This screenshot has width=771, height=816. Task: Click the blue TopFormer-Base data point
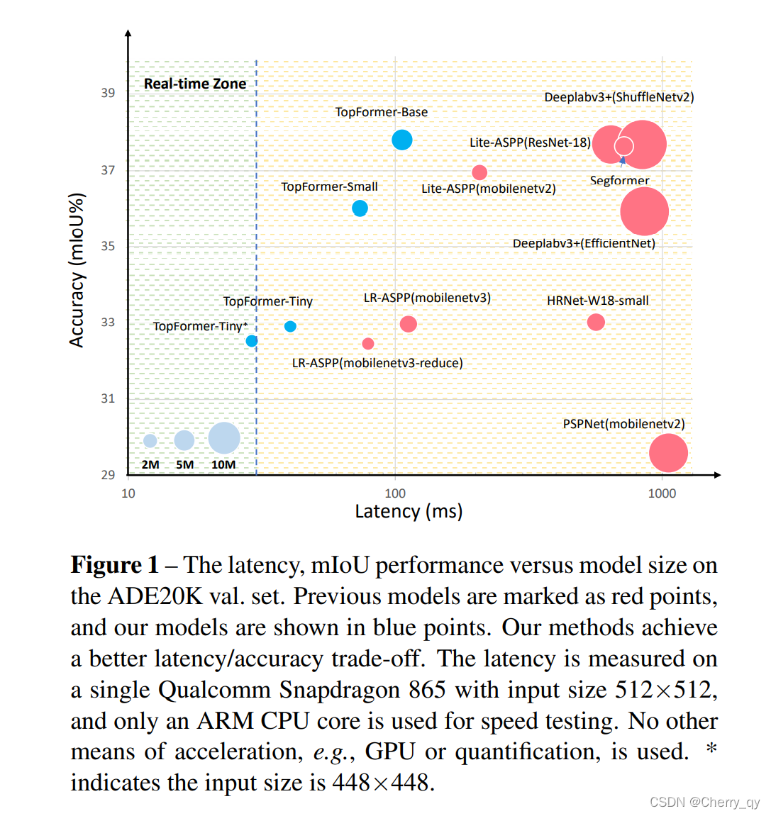[402, 140]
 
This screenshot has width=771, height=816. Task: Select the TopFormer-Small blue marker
[360, 208]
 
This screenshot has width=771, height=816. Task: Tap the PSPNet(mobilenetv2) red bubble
[668, 453]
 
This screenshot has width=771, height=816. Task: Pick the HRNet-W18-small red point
[596, 322]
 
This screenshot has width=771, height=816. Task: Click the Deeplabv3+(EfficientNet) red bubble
[644, 211]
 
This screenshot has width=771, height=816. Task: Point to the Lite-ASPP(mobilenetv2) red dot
[479, 172]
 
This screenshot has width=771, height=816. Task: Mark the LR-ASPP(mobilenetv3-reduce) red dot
[368, 344]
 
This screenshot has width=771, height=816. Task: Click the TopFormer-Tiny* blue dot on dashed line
[252, 341]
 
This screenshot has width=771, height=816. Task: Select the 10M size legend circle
[224, 438]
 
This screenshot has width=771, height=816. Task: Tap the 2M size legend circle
[150, 441]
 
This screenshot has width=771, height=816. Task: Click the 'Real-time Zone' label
[195, 84]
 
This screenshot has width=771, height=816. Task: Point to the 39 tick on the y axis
[108, 93]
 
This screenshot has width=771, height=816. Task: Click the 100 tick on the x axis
[395, 493]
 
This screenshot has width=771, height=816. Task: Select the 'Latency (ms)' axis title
[409, 512]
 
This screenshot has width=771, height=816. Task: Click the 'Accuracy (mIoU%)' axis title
[77, 270]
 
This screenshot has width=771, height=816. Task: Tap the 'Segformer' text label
[619, 181]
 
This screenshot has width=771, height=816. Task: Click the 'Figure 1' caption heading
[115, 565]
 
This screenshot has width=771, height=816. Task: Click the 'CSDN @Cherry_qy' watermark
[704, 802]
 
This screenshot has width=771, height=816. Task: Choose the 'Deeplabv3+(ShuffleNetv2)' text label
[619, 97]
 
